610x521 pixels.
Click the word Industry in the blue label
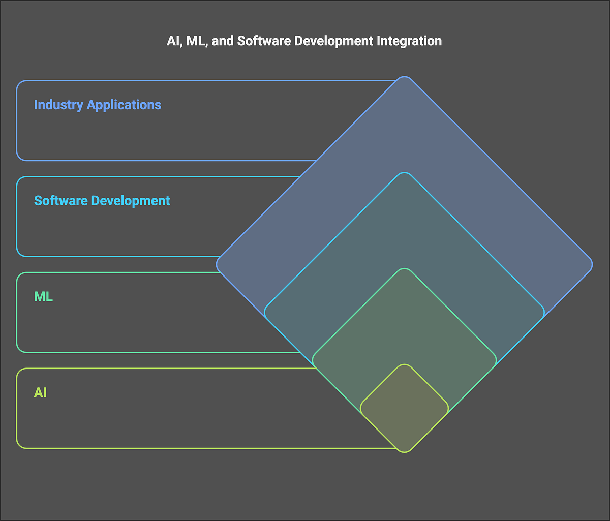click(x=58, y=105)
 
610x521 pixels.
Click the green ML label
click(x=43, y=296)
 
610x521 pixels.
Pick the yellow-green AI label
click(x=40, y=392)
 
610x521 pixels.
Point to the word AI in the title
click(x=173, y=41)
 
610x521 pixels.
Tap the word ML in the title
click(x=195, y=41)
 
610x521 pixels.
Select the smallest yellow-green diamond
click(x=404, y=408)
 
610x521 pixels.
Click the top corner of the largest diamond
click(x=405, y=79)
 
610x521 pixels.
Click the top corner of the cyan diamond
click(x=405, y=175)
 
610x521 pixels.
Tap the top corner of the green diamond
click(x=405, y=271)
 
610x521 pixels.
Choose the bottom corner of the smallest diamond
click(x=405, y=450)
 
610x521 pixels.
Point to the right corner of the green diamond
click(x=494, y=360)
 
